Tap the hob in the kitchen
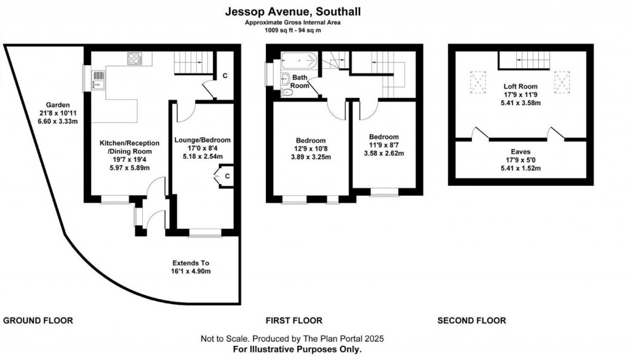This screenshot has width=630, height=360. [x=135, y=58]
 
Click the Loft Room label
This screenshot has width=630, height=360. [x=520, y=87]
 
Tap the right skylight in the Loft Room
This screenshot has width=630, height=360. [x=562, y=79]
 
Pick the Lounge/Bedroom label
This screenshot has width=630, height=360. [x=202, y=139]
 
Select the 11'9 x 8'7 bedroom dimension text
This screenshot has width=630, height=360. [x=383, y=145]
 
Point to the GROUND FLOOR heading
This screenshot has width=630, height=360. [x=38, y=321]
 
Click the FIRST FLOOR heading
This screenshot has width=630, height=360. [x=293, y=321]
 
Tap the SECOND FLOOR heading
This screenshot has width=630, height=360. [x=472, y=321]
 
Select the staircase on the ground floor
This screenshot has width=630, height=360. [x=193, y=62]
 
